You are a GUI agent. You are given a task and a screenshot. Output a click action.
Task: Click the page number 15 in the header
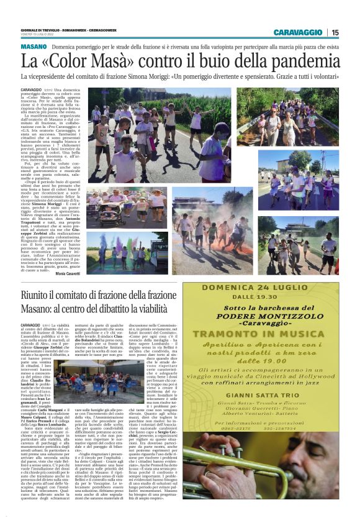tap(335, 32)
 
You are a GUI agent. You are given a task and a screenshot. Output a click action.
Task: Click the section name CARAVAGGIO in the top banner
tap(299, 32)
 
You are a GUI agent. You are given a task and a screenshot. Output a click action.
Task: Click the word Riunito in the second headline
tap(43, 296)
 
